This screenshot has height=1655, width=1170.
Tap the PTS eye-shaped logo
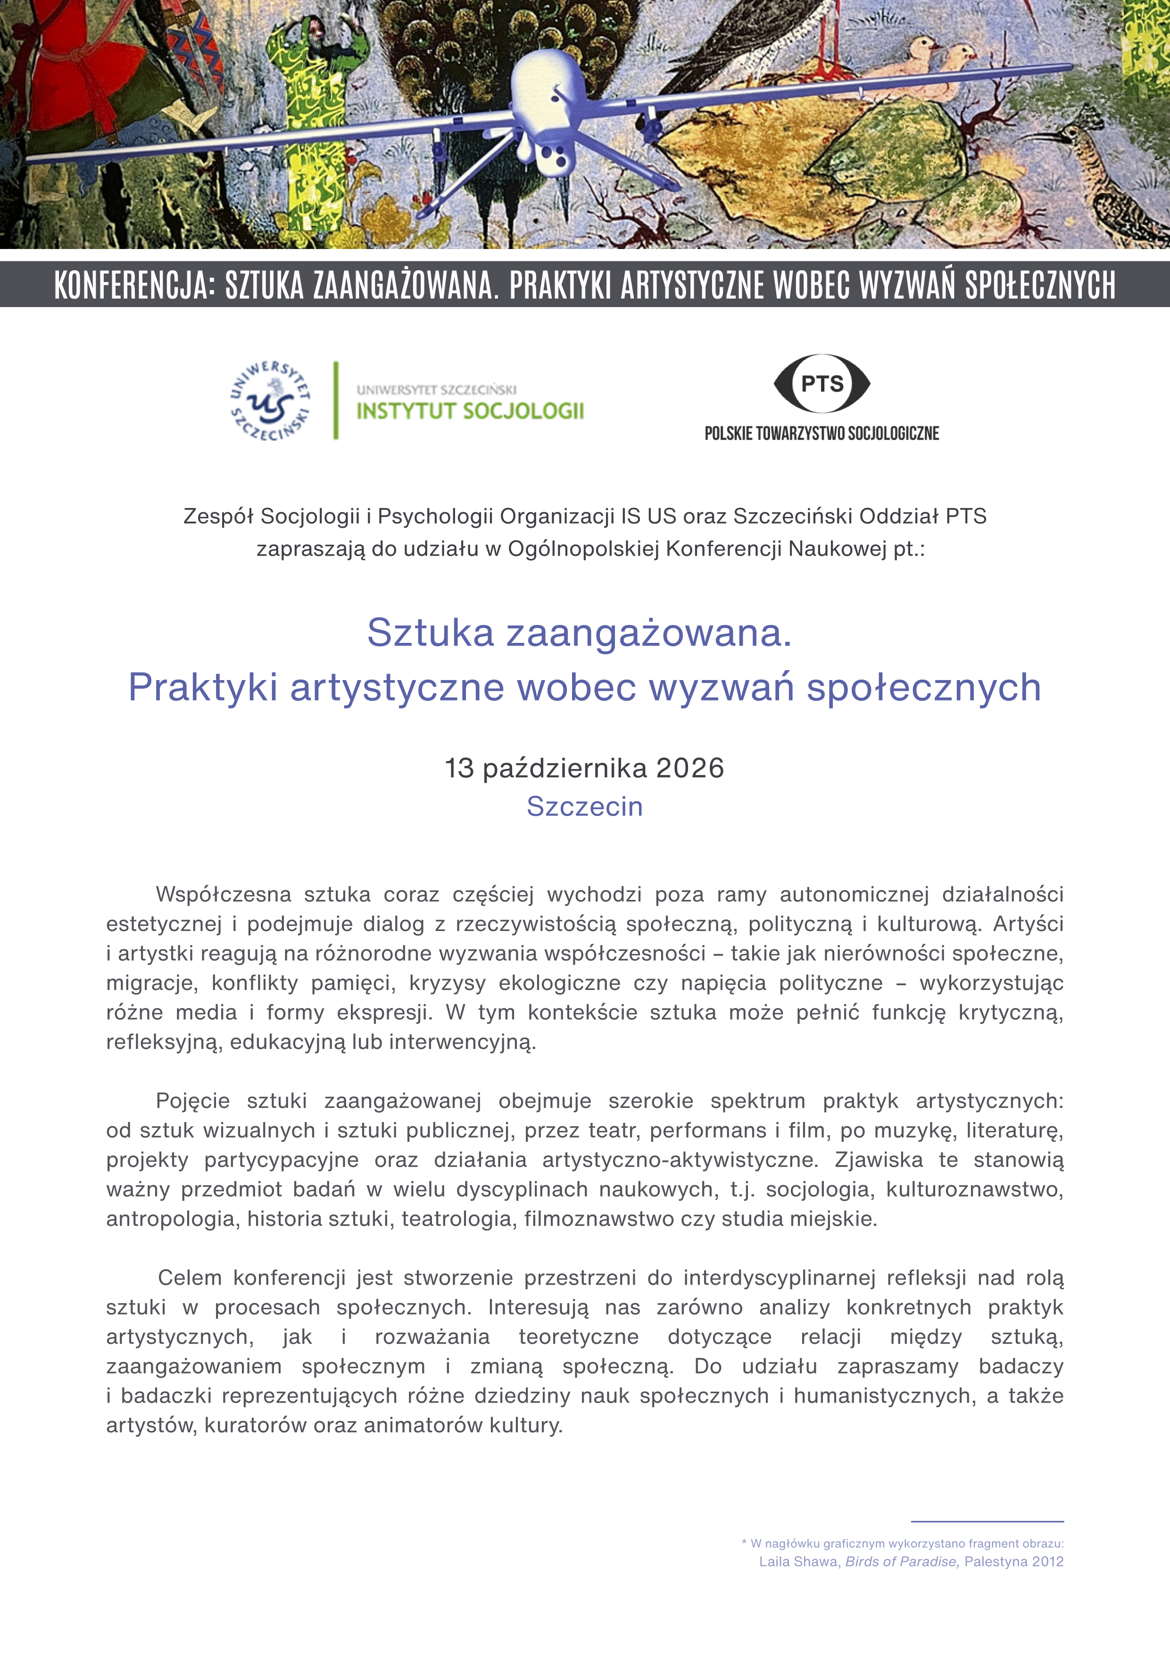[822, 383]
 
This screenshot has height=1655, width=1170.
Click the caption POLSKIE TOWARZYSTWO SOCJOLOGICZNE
[822, 433]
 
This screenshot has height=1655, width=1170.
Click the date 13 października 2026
[584, 768]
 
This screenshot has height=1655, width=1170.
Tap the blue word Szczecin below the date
[584, 807]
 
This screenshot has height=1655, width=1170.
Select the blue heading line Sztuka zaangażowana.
[580, 633]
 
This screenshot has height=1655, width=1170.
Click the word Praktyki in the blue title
[203, 687]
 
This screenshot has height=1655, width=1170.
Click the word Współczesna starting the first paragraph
[224, 895]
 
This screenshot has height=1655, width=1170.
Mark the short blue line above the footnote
[987, 1522]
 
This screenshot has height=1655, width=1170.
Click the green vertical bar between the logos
[335, 401]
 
